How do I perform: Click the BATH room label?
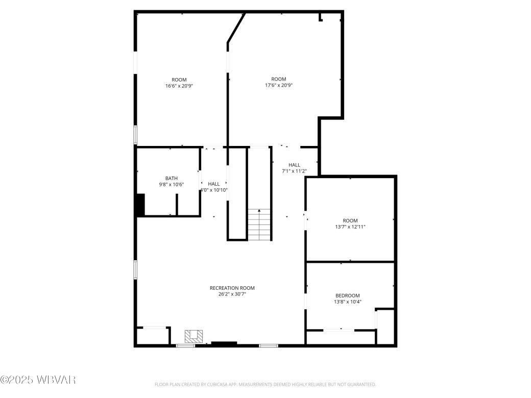tap(171, 178)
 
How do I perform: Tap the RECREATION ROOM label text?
tap(232, 288)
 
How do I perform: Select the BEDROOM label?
tap(347, 295)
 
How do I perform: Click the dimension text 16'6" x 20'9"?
tap(179, 86)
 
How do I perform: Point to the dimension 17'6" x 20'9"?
tap(278, 85)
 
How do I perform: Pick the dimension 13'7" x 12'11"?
tap(350, 227)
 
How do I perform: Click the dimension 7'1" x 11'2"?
tap(294, 171)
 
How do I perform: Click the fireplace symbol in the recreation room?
tap(194, 335)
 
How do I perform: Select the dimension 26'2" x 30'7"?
tap(232, 294)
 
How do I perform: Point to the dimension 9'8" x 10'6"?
tap(171, 184)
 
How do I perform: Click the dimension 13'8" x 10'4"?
tap(347, 302)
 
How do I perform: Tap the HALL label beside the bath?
tap(213, 184)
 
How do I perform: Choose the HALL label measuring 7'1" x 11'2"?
tap(294, 165)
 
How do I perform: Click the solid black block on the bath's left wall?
tap(140, 205)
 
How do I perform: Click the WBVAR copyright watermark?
tap(38, 380)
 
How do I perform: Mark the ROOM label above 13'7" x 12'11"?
tap(350, 220)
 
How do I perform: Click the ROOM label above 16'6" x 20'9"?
tap(179, 80)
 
